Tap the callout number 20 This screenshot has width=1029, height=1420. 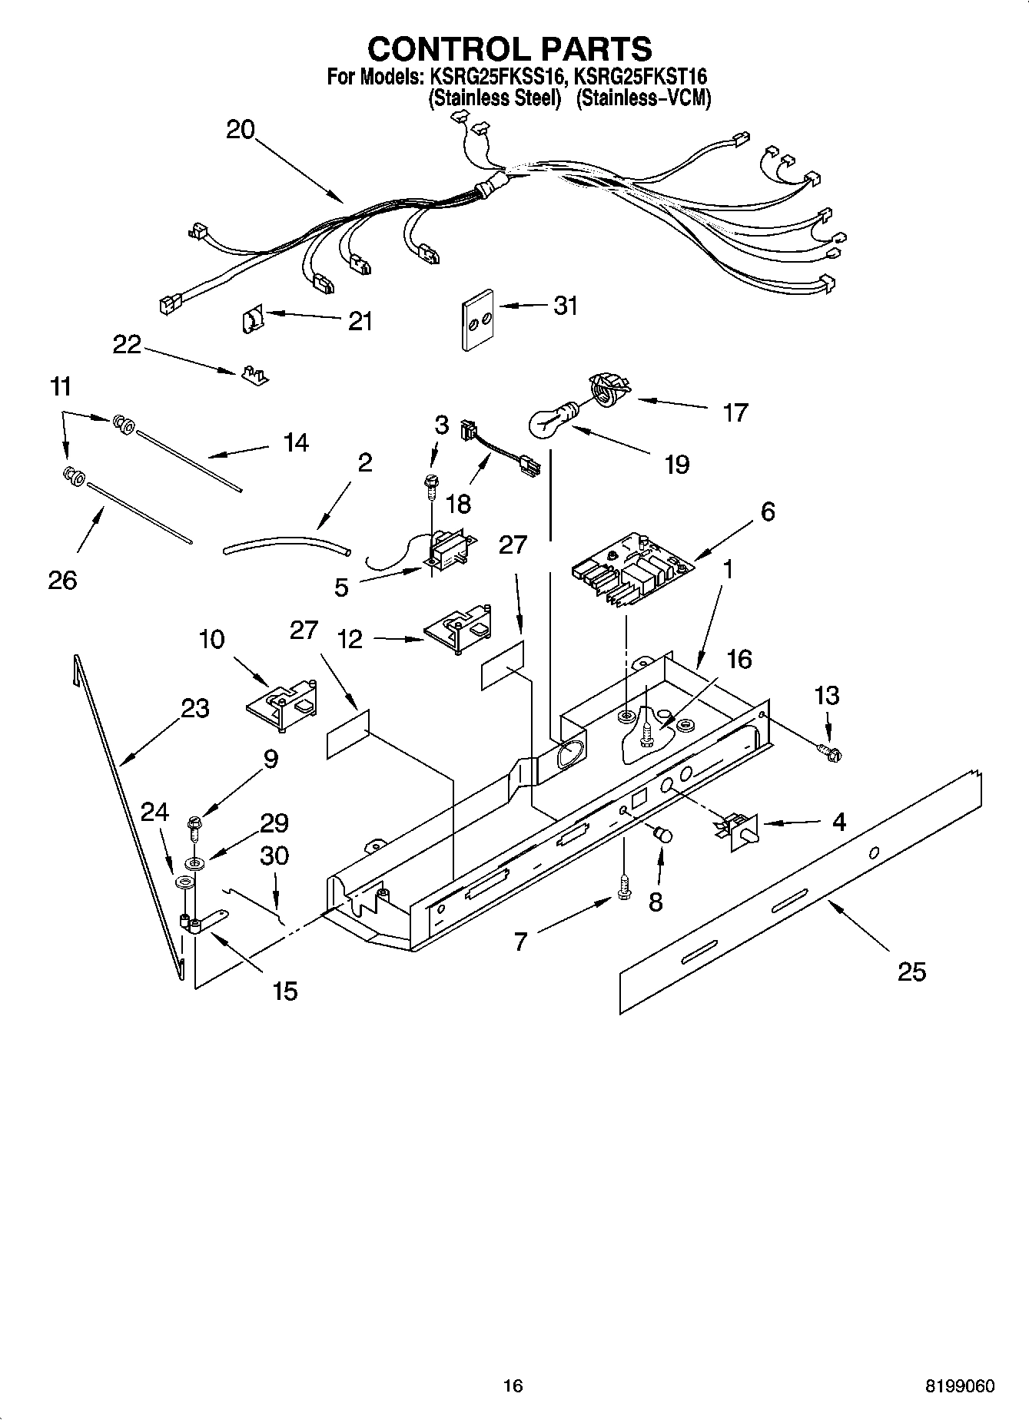coord(240,130)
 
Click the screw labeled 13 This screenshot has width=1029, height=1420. coord(829,753)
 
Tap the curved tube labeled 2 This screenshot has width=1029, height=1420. coord(286,546)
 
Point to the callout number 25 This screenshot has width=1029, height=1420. coord(911,971)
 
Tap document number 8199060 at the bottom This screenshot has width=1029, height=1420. coord(960,1387)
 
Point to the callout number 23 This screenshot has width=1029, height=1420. coord(195,708)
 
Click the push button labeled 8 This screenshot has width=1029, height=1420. coord(662,835)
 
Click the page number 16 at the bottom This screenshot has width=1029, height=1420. coord(513,1386)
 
